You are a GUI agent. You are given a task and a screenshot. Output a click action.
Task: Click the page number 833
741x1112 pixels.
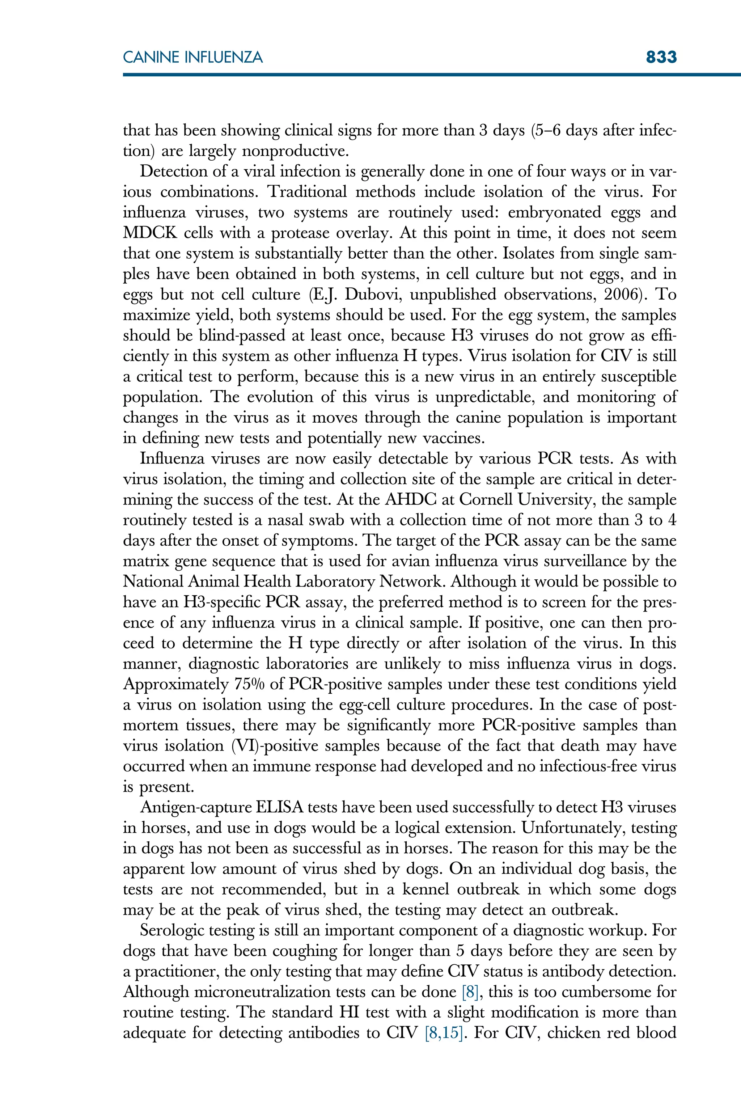pyautogui.click(x=661, y=57)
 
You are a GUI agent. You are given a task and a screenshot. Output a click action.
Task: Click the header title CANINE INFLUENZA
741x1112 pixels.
pyautogui.click(x=192, y=58)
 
